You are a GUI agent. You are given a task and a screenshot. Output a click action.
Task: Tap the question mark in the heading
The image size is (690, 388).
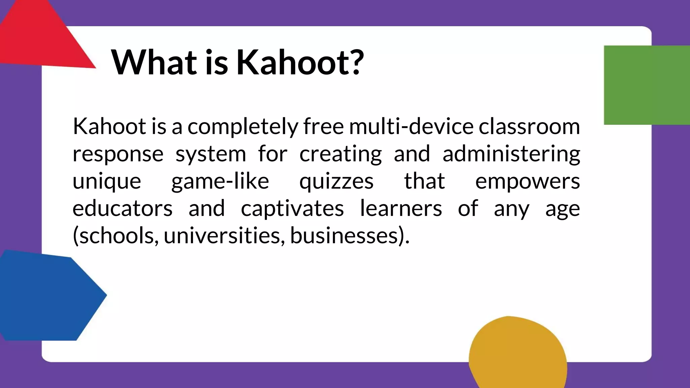(355, 62)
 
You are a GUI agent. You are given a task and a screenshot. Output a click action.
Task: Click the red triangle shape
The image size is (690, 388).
(40, 37)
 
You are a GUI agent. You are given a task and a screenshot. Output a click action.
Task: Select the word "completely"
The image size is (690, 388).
(243, 127)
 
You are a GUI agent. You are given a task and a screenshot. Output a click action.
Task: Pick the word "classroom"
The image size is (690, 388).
(529, 126)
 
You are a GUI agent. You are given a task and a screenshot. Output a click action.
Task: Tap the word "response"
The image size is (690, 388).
(118, 155)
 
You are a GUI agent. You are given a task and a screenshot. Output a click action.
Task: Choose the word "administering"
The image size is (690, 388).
(511, 155)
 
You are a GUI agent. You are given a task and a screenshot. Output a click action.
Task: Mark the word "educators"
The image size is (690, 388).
(122, 208)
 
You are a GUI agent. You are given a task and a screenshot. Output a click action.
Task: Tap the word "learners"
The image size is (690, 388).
(401, 208)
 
